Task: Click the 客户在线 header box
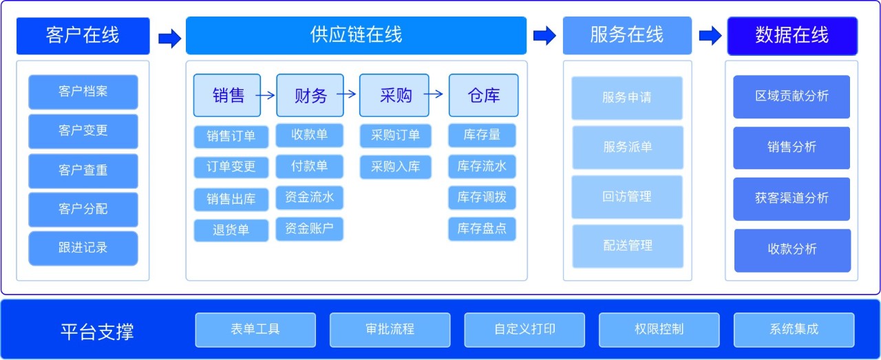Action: (x=83, y=35)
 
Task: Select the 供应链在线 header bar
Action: (x=356, y=35)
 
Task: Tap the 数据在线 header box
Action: (x=792, y=35)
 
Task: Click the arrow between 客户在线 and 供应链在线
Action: (x=169, y=38)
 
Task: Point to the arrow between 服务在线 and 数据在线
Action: (x=710, y=35)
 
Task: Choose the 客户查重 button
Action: (x=83, y=170)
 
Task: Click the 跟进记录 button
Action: (x=83, y=248)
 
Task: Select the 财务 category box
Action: (x=310, y=95)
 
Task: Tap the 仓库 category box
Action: (x=483, y=95)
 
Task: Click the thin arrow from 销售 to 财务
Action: (x=265, y=95)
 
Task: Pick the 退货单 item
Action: (x=231, y=230)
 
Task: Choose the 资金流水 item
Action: (x=309, y=197)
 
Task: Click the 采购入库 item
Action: (x=395, y=167)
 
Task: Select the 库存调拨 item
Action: (x=482, y=197)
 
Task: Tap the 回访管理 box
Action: (x=627, y=197)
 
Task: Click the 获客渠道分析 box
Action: (x=792, y=198)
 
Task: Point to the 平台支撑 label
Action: (x=97, y=332)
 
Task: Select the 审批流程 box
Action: (x=390, y=330)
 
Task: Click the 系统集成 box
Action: (x=794, y=330)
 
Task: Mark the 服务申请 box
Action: (x=627, y=98)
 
